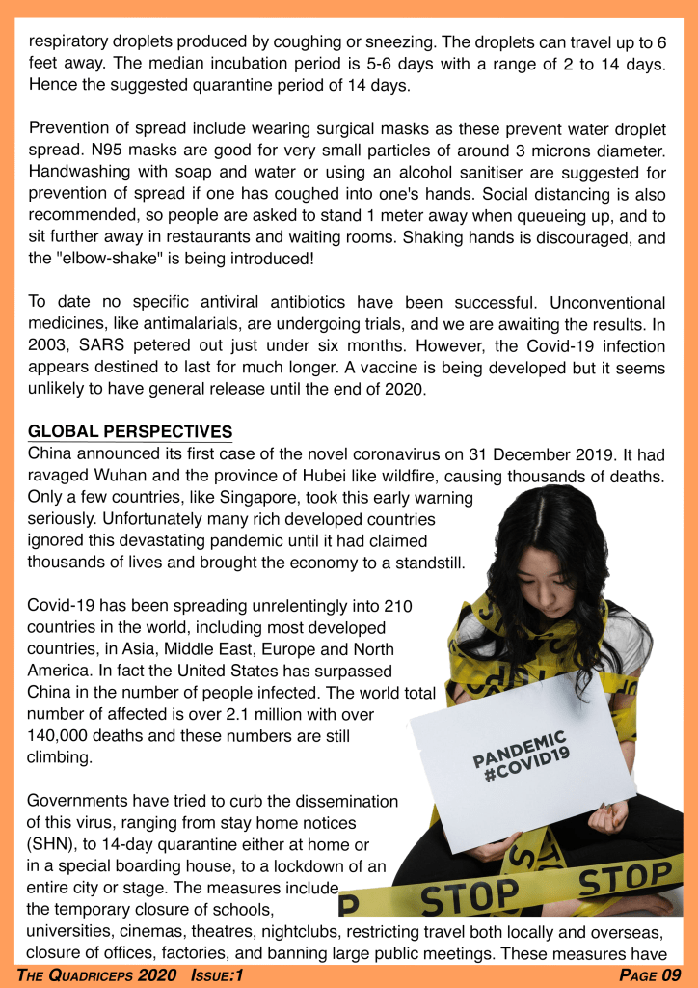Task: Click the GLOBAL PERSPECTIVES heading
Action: point(130,430)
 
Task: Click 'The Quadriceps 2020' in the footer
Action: point(96,975)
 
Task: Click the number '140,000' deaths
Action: point(64,735)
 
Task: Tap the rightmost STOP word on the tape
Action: point(630,879)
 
